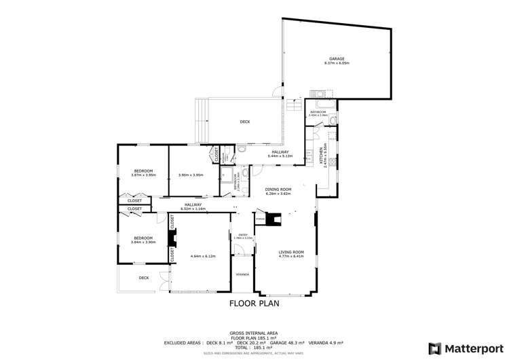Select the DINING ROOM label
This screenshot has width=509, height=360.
277,189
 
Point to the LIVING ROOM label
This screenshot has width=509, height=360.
290,252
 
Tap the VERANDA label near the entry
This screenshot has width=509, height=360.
242,274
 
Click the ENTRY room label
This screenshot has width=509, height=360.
238,235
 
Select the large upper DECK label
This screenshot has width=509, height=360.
245,122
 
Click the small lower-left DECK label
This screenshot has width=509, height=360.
144,277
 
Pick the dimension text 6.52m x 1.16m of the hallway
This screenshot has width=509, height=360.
193,208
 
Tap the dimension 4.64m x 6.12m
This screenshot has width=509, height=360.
202,256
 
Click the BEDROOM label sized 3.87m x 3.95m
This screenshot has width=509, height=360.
143,170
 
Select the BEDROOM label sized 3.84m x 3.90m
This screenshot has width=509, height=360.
143,238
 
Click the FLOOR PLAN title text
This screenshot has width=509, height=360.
254,304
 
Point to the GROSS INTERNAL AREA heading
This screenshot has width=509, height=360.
254,325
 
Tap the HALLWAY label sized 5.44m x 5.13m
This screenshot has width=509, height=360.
279,152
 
